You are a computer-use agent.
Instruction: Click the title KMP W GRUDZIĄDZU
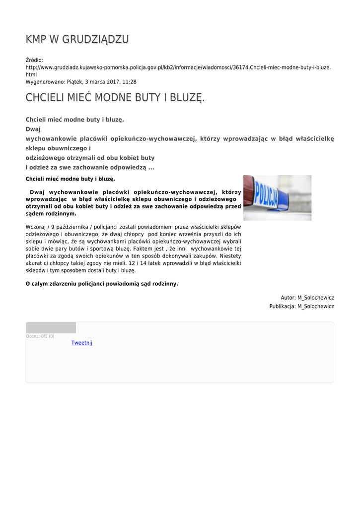77,39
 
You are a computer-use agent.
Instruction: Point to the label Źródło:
35,60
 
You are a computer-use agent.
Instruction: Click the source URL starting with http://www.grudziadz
178,67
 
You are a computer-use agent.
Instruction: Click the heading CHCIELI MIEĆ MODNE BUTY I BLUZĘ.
115,98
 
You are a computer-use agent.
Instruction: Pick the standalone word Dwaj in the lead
33,129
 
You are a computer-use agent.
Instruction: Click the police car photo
277,197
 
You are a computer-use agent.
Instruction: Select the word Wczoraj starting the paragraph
36,226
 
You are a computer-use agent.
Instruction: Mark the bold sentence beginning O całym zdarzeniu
101,284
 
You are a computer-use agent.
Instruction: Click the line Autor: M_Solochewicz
307,298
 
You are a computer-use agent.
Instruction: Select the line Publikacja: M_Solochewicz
301,307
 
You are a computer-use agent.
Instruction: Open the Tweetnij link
82,343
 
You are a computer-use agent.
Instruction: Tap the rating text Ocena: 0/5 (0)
40,336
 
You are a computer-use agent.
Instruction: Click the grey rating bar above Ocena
51,327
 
